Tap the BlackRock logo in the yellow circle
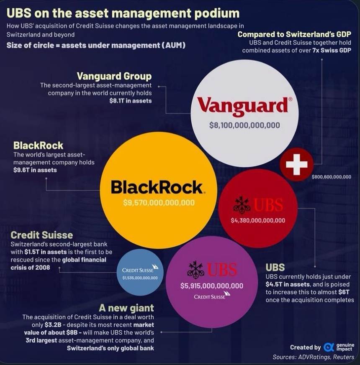[157, 187]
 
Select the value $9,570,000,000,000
[159, 203]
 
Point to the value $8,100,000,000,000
[244, 125]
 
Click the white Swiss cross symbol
[296, 164]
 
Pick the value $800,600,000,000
[331, 177]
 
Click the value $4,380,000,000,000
[258, 220]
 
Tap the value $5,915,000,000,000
[211, 286]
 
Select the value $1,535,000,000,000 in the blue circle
[140, 278]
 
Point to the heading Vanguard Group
[114, 76]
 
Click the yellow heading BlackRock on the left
[38, 145]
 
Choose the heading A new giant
[131, 308]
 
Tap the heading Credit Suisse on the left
[42, 235]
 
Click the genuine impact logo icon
[329, 347]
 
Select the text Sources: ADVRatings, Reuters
[313, 357]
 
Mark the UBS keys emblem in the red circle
[242, 205]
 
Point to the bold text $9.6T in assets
[35, 170]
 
